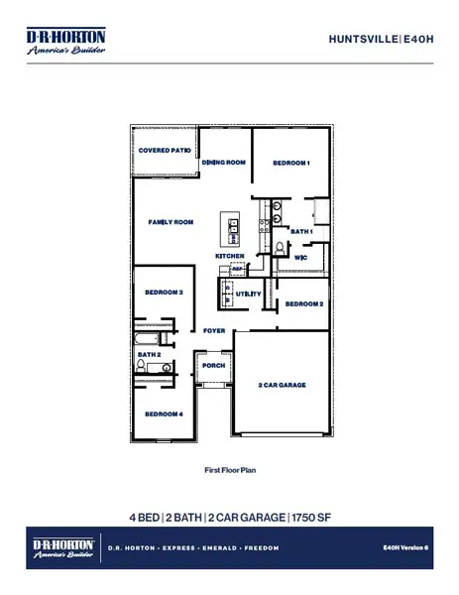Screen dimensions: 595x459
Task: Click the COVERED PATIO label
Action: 165,151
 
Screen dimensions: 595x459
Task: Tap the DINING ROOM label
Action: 223,163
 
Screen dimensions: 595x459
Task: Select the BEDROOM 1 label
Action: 292,163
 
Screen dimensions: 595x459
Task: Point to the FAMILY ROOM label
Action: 171,223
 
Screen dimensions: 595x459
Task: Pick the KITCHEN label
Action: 229,256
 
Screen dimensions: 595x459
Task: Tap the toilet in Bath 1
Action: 281,247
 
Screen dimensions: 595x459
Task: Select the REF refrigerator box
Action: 237,269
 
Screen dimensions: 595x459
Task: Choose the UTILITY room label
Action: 248,295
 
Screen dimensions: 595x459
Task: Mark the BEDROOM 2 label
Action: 304,305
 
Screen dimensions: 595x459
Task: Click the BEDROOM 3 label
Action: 164,293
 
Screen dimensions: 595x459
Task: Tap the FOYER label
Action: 214,330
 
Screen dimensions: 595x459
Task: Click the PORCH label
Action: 213,365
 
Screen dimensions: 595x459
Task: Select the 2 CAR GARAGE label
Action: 283,384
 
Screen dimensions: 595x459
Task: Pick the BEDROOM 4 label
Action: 164,414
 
